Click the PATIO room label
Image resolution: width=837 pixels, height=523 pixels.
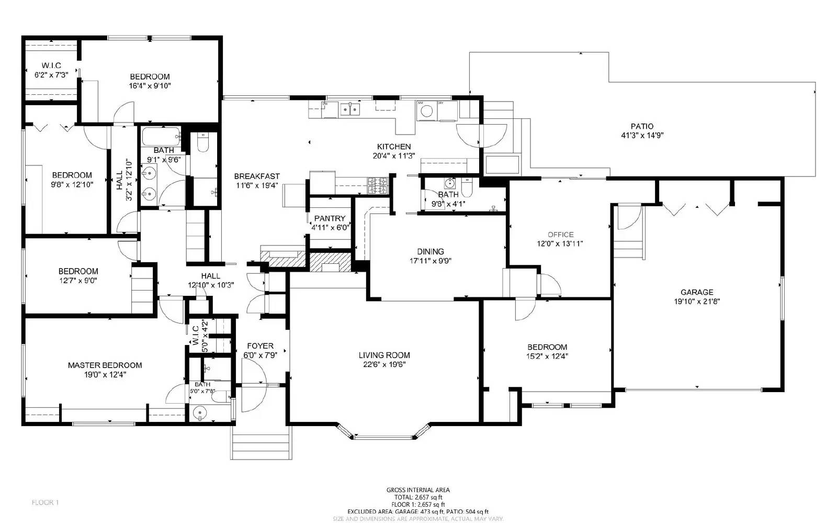[641, 126]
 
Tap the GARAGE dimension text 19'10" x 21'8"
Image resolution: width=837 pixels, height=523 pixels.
[697, 302]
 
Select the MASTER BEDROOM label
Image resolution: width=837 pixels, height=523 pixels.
[105, 365]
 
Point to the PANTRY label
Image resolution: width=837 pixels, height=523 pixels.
[330, 218]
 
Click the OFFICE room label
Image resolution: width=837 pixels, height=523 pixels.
[560, 235]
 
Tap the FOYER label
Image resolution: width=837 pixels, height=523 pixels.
[260, 346]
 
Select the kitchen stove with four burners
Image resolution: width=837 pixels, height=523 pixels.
[378, 185]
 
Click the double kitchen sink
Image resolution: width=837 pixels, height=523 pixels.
[350, 109]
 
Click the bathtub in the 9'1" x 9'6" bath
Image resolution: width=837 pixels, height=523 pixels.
[161, 137]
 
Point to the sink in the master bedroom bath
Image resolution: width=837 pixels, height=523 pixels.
[199, 414]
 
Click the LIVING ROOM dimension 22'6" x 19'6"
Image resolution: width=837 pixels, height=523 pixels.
[384, 365]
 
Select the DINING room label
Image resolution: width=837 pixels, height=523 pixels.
[431, 251]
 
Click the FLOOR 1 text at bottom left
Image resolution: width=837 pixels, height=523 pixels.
[45, 502]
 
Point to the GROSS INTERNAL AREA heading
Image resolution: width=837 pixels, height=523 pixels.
[417, 490]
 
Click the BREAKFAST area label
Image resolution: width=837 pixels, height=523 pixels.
[256, 176]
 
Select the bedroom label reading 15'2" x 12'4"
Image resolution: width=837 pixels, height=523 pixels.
[547, 356]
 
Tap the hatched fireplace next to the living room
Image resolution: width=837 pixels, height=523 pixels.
[330, 261]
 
